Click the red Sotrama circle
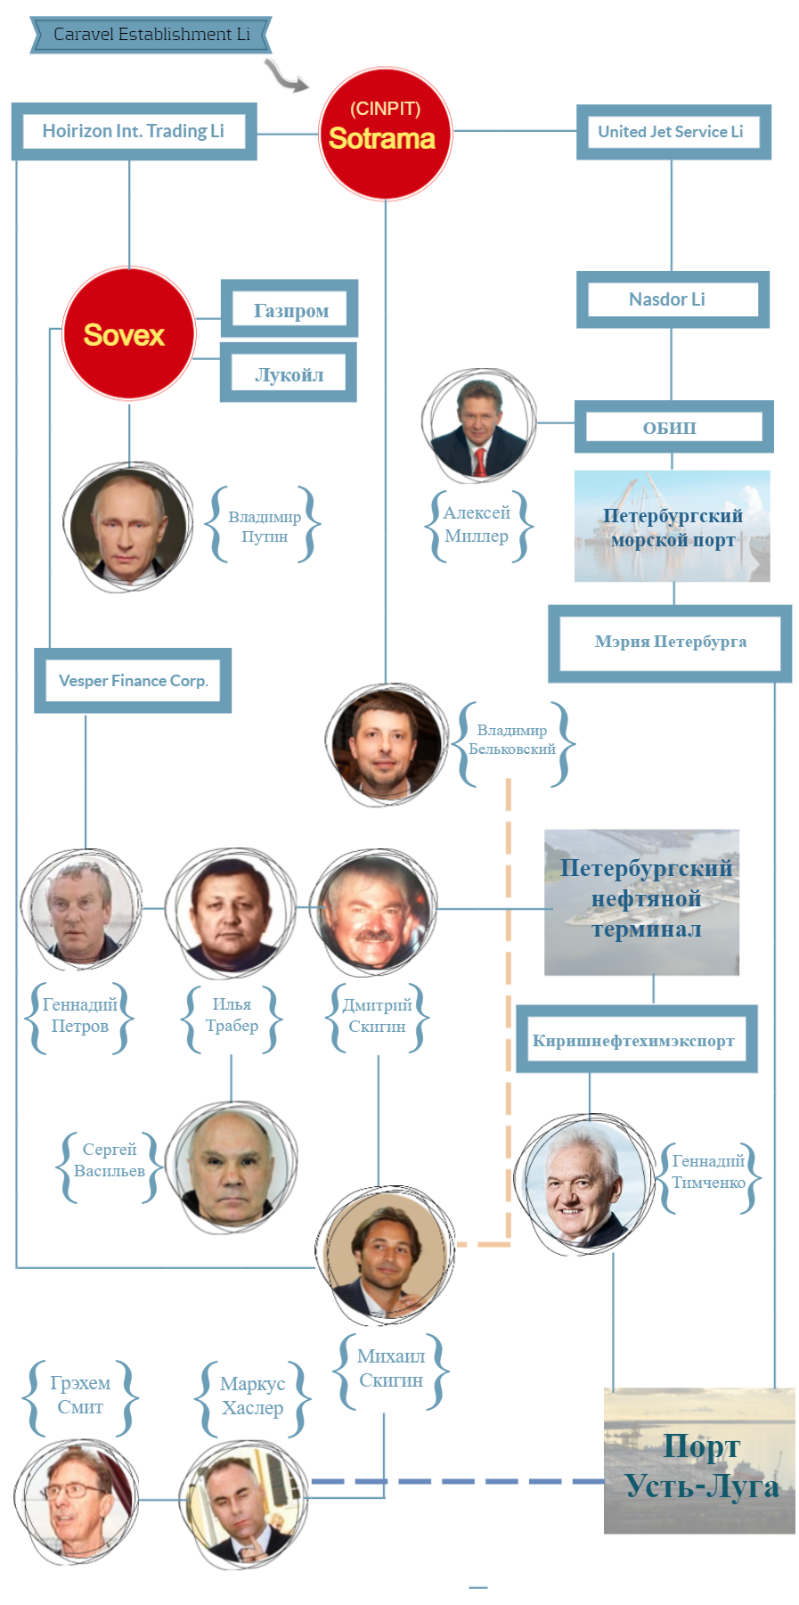385,134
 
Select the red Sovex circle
128,334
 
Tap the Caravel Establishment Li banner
151,35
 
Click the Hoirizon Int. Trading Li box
134,132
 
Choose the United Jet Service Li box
673,132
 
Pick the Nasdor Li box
672,299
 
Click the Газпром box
290,310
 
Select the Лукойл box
289,374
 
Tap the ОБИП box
673,428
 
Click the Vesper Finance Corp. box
133,681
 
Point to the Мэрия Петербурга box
670,643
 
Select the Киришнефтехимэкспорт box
636,1040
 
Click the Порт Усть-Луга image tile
699,1462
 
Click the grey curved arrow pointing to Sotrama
285,77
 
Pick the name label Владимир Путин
265,526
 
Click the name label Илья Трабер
232,1016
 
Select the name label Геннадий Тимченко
708,1172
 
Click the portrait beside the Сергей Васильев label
232,1167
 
